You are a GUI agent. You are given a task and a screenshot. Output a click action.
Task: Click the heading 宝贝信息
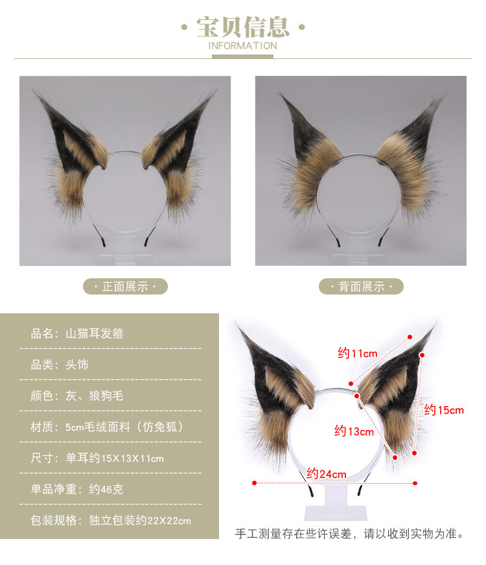click(x=242, y=27)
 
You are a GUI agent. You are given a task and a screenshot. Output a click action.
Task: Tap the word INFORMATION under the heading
click(x=242, y=46)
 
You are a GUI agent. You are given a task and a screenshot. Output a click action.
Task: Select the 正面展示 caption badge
click(x=125, y=286)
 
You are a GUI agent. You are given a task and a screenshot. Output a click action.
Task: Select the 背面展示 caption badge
click(x=361, y=286)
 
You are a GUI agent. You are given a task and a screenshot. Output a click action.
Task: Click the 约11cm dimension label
click(x=357, y=354)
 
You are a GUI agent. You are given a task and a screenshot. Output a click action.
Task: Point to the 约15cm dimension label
click(x=445, y=410)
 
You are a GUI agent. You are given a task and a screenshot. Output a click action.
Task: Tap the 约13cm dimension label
click(x=354, y=431)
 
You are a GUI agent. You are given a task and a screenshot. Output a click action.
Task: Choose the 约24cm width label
click(x=327, y=474)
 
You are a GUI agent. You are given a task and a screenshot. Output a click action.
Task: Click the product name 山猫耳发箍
click(x=95, y=334)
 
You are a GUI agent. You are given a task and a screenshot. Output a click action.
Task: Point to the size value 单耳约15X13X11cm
click(x=115, y=459)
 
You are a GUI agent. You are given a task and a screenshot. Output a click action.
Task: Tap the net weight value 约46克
click(x=95, y=489)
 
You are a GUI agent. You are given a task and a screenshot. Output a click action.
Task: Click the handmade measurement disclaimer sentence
click(x=349, y=535)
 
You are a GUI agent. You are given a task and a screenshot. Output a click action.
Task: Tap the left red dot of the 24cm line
click(x=254, y=483)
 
